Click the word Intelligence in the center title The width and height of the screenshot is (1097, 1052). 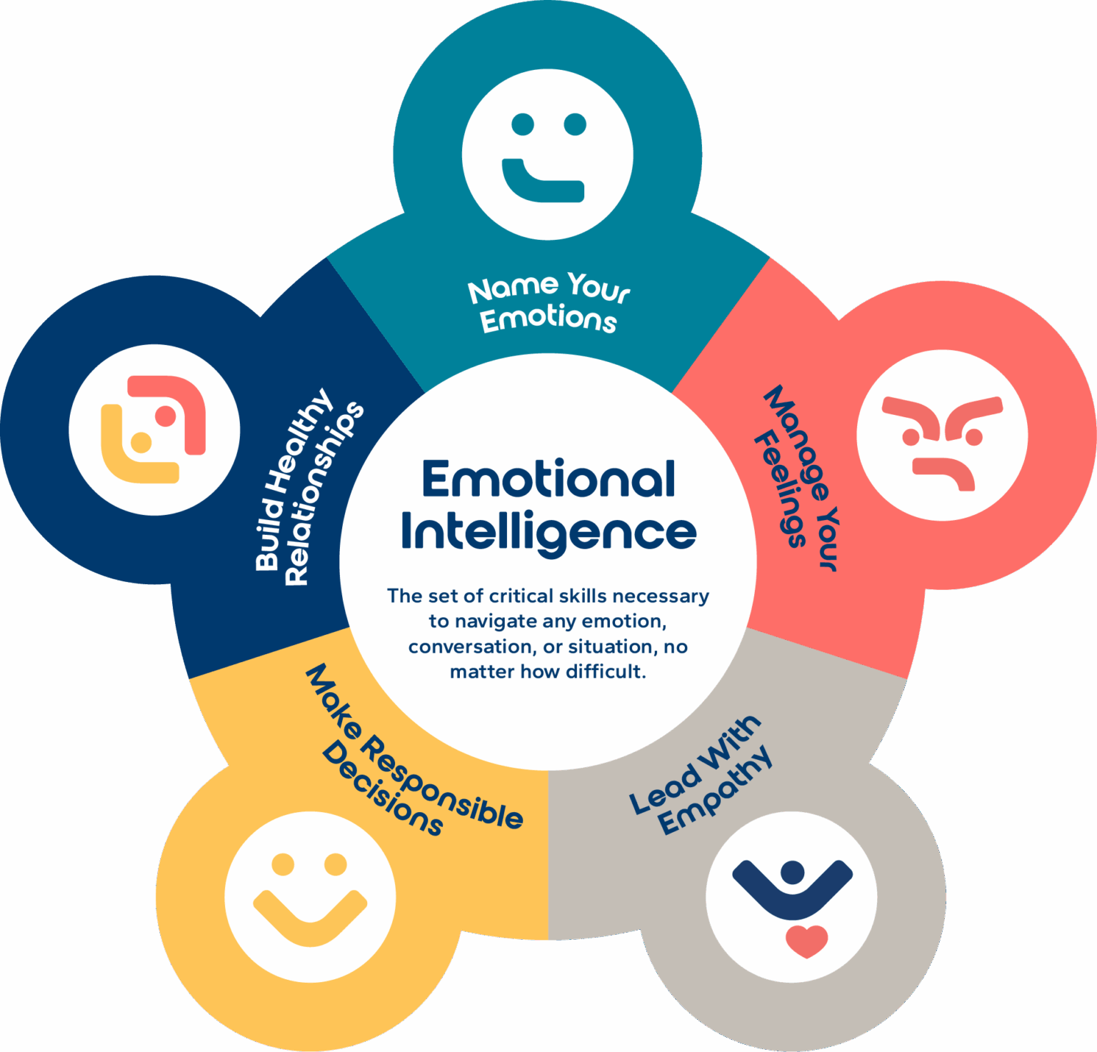[548, 532]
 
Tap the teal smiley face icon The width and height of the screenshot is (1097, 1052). [547, 154]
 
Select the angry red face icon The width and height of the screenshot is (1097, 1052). [942, 435]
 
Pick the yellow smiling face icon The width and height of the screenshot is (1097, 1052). [310, 896]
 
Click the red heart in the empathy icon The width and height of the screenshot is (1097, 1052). [806, 941]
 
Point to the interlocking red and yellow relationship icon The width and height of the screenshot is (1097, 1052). [154, 430]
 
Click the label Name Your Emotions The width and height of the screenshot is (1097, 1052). [548, 303]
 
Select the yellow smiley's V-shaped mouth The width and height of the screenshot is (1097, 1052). [310, 917]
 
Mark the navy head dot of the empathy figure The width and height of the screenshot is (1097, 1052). [793, 872]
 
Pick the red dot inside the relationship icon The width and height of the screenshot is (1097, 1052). [166, 416]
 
